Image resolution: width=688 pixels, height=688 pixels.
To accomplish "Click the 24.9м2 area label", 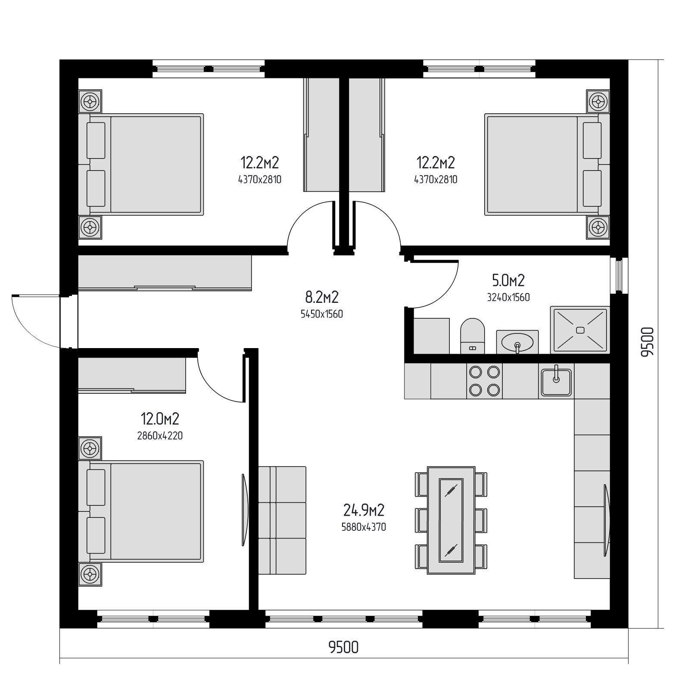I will point(364,511).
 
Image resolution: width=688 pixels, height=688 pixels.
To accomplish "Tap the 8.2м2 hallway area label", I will point(322,297).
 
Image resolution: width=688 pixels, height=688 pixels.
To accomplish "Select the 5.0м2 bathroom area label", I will point(508,280).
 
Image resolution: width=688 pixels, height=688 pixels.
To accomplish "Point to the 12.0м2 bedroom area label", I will point(160,418).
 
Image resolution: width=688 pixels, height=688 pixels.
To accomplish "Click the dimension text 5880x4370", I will point(364,526).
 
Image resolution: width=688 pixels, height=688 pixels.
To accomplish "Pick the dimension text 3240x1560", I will point(508,297).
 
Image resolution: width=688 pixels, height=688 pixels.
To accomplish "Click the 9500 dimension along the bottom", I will point(343,647).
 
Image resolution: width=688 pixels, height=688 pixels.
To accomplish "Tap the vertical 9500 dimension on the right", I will point(647,342).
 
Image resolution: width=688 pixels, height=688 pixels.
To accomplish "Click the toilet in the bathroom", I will point(472,336).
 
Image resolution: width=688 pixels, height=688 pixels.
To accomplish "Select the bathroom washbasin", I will point(517,342).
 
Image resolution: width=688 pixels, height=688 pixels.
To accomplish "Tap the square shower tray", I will point(580,330).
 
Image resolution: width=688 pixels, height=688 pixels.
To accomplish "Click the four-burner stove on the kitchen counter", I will point(484,381).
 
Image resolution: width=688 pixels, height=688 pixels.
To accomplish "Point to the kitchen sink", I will point(556,381).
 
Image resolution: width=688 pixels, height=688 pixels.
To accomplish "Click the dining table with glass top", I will point(451,520).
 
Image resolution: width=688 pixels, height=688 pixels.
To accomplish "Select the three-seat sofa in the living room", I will point(282,520).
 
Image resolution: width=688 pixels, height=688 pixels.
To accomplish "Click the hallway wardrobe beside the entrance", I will point(164,273).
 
